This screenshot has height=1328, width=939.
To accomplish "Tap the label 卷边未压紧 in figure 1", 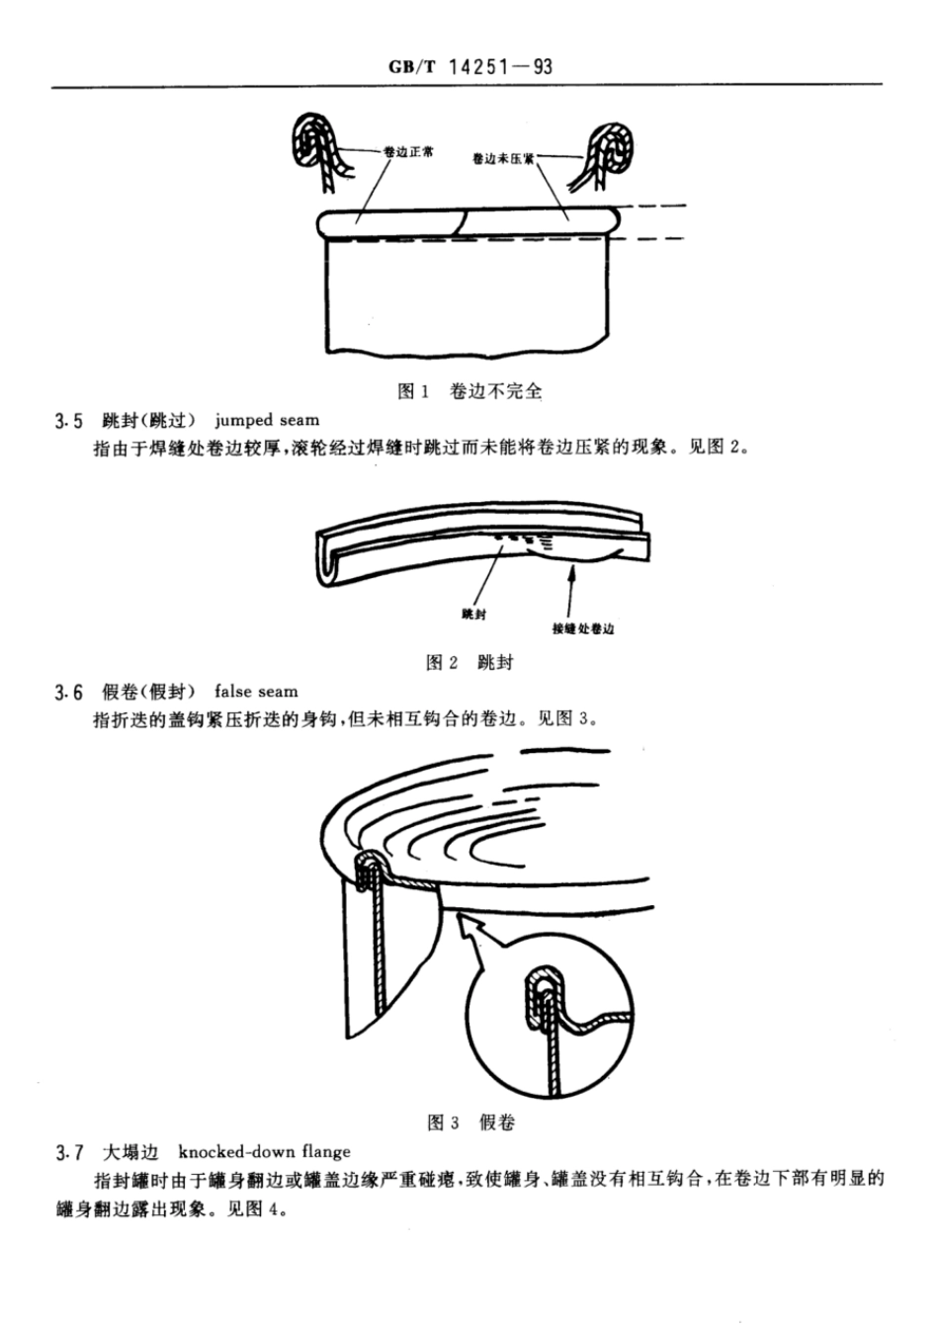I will pyautogui.click(x=503, y=157).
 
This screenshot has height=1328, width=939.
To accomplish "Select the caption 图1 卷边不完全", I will pyautogui.click(x=469, y=391).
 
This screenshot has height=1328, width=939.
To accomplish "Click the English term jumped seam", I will pyautogui.click(x=267, y=421).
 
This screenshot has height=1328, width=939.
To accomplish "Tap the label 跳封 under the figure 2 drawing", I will pyautogui.click(x=473, y=615).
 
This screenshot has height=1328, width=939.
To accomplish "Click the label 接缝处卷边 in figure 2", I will pyautogui.click(x=582, y=628).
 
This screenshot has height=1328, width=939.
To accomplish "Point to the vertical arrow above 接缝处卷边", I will pyautogui.click(x=570, y=588).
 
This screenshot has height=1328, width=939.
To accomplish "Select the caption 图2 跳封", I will pyautogui.click(x=469, y=662).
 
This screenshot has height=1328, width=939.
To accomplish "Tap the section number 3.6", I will pyautogui.click(x=69, y=692).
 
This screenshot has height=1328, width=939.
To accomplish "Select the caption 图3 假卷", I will pyautogui.click(x=470, y=1121).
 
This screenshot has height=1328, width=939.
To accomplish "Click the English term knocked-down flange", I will pyautogui.click(x=264, y=1151).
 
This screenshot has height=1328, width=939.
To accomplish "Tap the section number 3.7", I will pyautogui.click(x=69, y=1152).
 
